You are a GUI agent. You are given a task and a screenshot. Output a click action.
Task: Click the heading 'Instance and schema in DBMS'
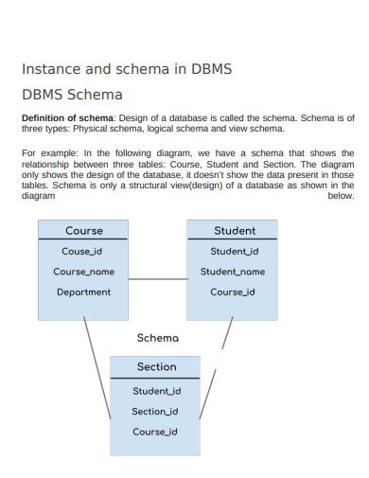[x=127, y=70]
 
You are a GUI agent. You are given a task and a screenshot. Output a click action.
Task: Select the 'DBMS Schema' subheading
[x=72, y=96]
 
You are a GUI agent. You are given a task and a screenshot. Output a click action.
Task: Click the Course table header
[x=83, y=231]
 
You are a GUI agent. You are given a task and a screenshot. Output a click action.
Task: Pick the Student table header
[x=233, y=231]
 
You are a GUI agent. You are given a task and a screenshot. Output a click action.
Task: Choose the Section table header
[x=157, y=367]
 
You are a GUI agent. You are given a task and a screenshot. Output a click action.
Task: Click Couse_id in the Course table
[x=83, y=251]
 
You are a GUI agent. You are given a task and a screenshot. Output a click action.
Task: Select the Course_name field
[x=83, y=272]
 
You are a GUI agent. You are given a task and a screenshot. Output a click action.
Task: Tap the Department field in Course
[x=83, y=292]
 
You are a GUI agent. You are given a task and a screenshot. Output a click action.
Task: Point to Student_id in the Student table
[x=233, y=251]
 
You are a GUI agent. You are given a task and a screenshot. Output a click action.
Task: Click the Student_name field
[x=233, y=272]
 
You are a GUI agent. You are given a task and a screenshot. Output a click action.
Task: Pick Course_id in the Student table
[x=233, y=292]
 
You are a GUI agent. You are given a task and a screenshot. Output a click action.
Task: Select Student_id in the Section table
[x=157, y=391]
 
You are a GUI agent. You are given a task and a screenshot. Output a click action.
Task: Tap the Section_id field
[x=157, y=412]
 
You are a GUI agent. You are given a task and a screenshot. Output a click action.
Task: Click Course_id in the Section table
[x=157, y=433]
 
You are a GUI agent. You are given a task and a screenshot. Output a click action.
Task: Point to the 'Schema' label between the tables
[x=157, y=337]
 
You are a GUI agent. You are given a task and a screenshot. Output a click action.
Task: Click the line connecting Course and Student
[x=157, y=279]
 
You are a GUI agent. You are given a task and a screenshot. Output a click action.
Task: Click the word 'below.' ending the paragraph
[x=341, y=196]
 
